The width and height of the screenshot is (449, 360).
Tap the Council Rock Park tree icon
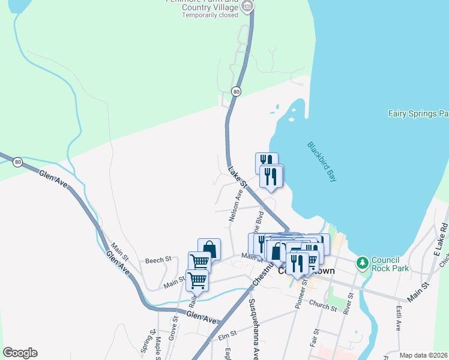(362, 263)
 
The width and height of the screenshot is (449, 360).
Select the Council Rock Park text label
(390, 264)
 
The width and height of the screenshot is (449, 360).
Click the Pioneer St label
(301, 293)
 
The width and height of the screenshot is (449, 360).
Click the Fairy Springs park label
(418, 113)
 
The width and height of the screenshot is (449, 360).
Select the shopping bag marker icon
(209, 248)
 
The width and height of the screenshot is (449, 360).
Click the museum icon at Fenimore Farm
(248, 5)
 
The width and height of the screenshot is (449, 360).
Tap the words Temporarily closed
(211, 15)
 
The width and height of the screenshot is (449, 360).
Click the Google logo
(20, 353)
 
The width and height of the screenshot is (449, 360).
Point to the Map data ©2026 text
(423, 355)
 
